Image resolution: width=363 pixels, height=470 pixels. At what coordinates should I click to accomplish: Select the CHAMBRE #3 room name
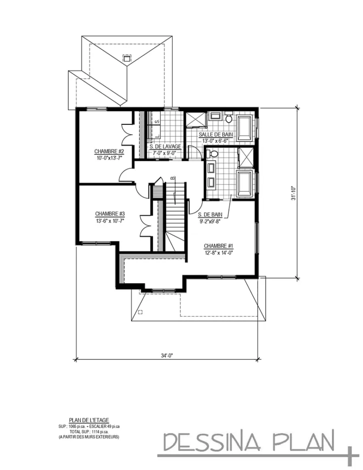110,214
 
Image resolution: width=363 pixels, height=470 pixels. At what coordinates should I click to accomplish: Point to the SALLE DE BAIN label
216,134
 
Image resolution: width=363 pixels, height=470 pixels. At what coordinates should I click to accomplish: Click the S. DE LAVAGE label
165,146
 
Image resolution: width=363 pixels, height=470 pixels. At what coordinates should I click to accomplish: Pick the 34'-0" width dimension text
167,355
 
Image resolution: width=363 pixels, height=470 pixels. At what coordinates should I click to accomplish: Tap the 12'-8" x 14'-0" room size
219,252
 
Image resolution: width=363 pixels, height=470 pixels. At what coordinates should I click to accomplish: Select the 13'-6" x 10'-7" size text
110,221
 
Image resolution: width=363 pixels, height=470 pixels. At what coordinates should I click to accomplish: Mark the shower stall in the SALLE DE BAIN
196,119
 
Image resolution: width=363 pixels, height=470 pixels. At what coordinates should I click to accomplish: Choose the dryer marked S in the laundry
157,122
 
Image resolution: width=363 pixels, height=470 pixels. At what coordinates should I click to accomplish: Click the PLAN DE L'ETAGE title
89,420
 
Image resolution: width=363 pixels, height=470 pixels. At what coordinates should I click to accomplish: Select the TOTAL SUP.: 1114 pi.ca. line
89,431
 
